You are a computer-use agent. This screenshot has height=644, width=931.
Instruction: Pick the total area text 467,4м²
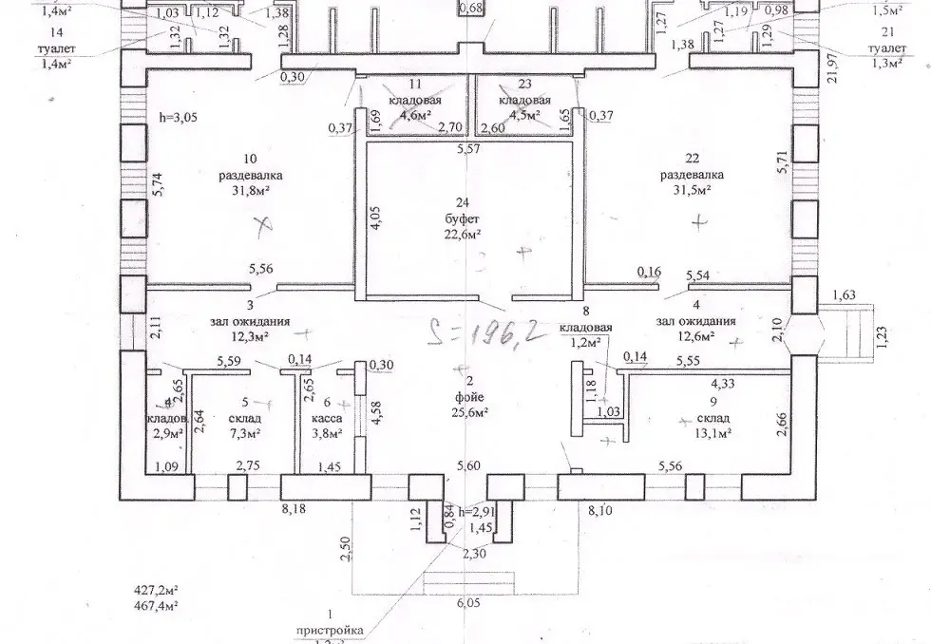click(x=156, y=604)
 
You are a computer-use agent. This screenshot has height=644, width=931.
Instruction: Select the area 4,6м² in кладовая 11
click(x=414, y=115)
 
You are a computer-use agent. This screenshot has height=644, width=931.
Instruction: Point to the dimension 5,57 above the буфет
click(x=470, y=150)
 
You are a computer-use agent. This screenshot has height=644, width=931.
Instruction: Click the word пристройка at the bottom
click(x=327, y=630)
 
